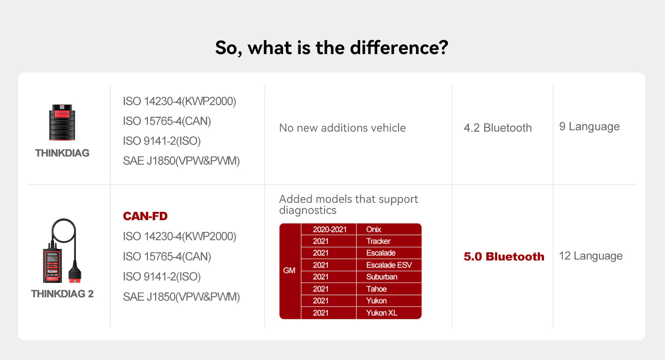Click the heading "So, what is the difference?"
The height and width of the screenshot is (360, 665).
(332, 48)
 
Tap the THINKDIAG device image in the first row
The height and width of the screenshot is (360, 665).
(62, 122)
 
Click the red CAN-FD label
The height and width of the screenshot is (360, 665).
(145, 216)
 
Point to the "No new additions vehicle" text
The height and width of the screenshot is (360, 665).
(342, 128)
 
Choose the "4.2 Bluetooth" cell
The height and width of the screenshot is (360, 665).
(497, 128)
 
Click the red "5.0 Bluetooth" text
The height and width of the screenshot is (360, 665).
(504, 257)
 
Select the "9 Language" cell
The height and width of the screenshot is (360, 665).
(589, 126)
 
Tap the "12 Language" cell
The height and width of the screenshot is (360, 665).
(591, 256)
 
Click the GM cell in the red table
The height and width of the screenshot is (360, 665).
(290, 270)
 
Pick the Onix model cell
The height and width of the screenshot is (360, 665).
(374, 229)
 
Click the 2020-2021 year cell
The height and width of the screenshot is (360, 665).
(329, 229)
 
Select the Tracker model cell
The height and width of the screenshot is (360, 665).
(378, 241)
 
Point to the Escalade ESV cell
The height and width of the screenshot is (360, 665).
(388, 265)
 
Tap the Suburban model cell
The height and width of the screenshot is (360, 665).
(381, 277)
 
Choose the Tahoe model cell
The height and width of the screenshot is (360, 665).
(376, 289)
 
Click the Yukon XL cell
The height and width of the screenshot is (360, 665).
(381, 313)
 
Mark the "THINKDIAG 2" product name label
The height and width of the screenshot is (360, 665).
(62, 294)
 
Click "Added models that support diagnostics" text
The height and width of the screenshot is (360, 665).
(349, 204)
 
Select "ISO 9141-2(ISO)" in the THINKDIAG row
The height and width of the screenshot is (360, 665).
(162, 141)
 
